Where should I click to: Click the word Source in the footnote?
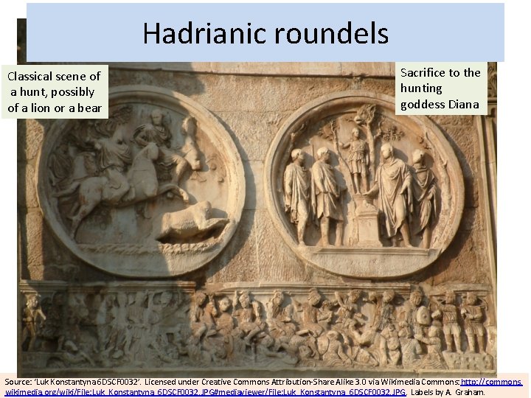point(18,383)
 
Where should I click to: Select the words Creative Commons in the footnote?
point(218,383)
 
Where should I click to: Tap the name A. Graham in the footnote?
point(465,392)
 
